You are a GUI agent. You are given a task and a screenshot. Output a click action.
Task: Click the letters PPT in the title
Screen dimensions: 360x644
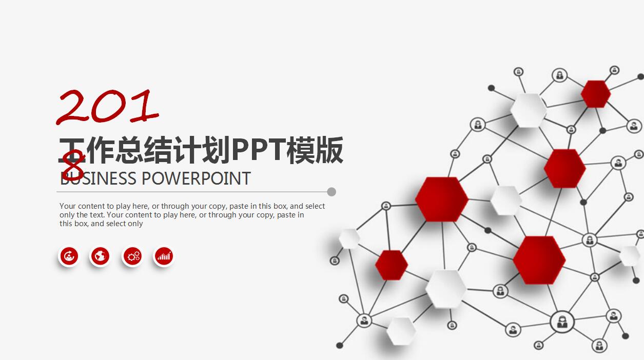(260, 150)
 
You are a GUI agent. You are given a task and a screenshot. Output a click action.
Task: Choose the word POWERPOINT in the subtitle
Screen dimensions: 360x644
(196, 179)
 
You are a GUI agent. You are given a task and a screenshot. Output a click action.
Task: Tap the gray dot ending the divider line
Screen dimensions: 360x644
(331, 192)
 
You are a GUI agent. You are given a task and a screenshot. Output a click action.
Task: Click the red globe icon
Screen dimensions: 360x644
(100, 256)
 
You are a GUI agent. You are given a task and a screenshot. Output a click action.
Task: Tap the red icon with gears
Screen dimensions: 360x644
(132, 256)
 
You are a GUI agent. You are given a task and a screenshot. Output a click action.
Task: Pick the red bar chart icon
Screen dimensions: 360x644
(164, 256)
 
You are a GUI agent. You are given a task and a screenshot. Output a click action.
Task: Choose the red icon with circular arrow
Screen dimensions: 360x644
(69, 256)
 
